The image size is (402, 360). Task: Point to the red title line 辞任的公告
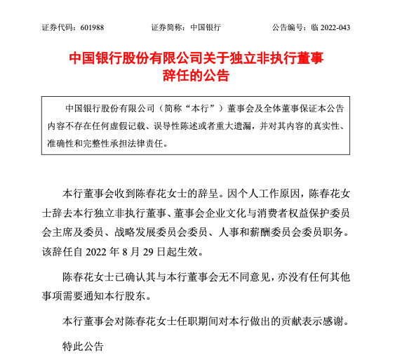201,76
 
